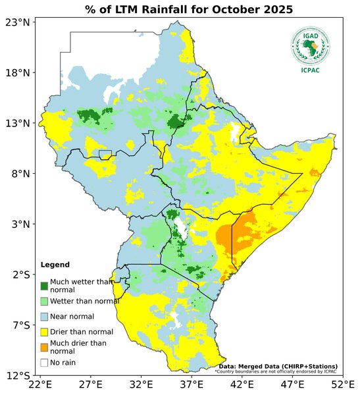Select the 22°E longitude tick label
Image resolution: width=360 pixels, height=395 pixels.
point(40,384)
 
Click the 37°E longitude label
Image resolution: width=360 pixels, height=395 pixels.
point(192,384)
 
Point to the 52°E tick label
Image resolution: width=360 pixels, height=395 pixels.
point(342,384)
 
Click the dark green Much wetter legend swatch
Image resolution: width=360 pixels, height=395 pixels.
point(44,286)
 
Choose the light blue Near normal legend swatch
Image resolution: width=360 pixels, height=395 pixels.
point(44,316)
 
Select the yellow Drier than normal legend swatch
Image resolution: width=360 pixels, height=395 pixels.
point(44,331)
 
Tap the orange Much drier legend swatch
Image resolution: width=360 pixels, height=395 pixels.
point(44,347)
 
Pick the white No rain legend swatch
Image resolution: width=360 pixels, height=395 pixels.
point(44,362)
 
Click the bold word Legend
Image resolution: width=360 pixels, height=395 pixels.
point(55,265)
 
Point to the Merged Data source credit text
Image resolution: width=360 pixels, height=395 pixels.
point(278,366)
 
